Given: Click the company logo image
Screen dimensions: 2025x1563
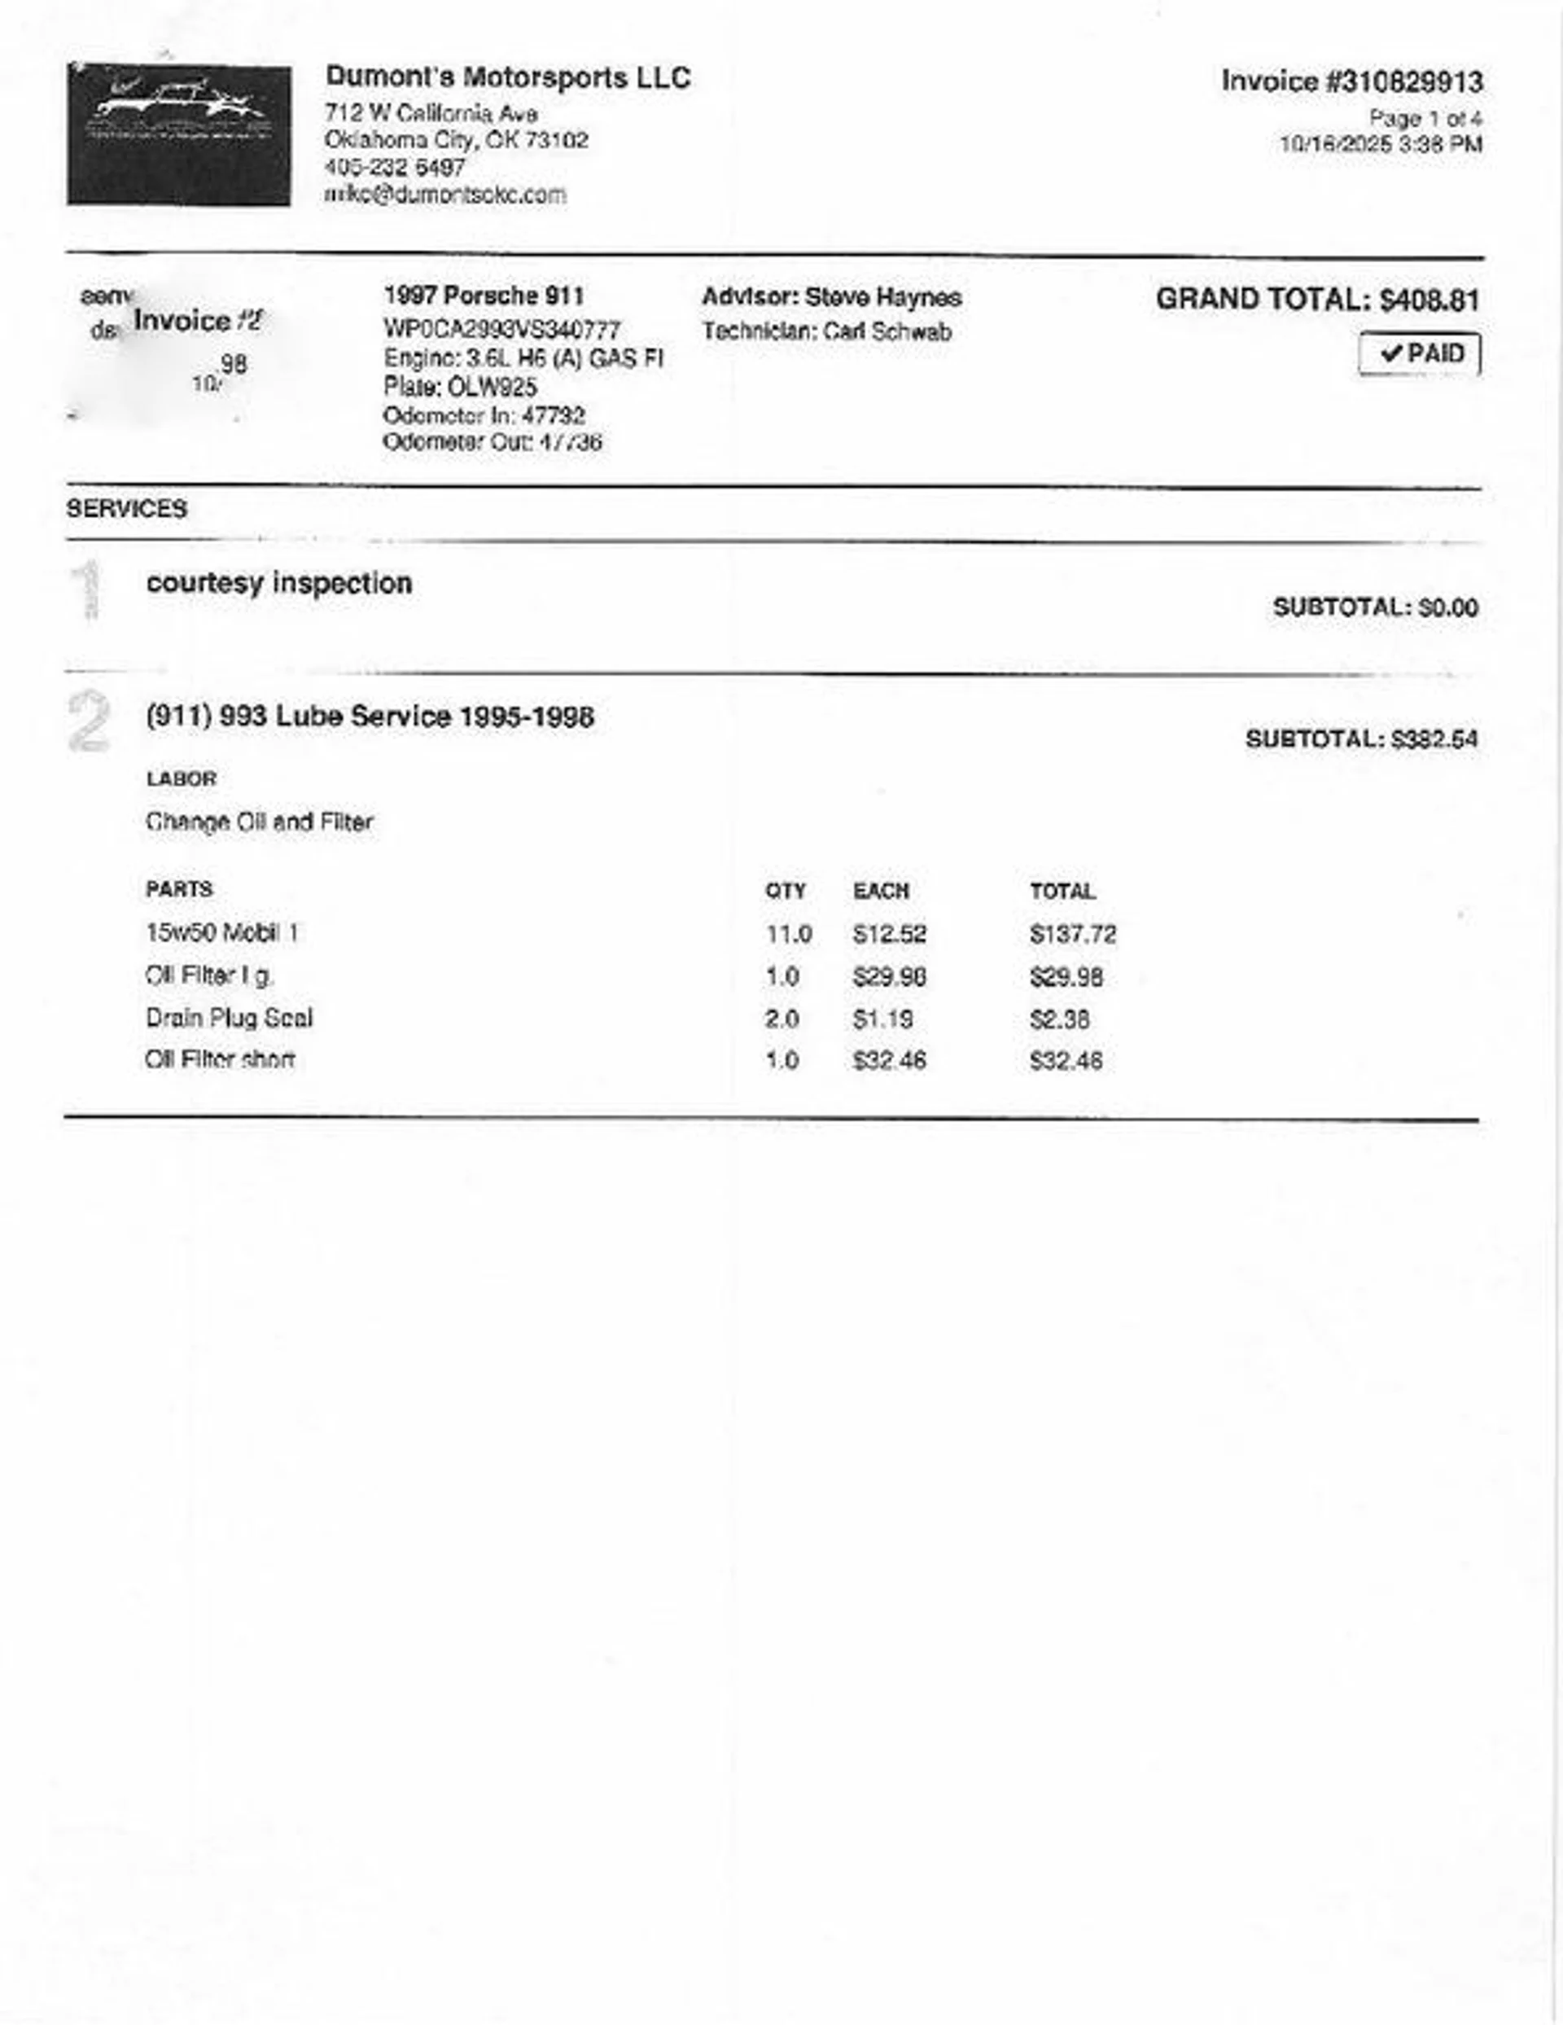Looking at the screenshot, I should [x=178, y=134].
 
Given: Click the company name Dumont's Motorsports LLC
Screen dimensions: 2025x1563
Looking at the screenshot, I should [x=508, y=78].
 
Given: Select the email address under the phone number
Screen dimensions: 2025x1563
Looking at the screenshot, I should [x=445, y=195].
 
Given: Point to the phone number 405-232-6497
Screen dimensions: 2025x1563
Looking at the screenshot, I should [x=395, y=168].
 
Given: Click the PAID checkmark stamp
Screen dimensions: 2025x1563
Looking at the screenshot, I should [x=1419, y=354].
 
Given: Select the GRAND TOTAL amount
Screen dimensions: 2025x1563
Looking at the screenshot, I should [x=1429, y=300].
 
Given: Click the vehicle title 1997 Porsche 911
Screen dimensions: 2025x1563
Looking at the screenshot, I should [x=484, y=296].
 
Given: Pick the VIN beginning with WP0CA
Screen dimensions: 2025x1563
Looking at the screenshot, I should [x=501, y=330].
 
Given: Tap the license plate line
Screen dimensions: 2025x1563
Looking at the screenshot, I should [x=461, y=387].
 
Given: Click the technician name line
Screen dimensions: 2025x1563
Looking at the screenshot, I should [x=827, y=332].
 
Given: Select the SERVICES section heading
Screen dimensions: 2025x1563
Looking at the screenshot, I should [x=127, y=508].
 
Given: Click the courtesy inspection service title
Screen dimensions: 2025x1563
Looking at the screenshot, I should [x=279, y=583].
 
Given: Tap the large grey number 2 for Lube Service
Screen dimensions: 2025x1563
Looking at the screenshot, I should [x=89, y=721].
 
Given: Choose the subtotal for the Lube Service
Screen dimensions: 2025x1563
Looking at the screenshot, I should [x=1361, y=740].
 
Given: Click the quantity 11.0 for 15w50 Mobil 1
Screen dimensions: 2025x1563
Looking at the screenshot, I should [x=789, y=935].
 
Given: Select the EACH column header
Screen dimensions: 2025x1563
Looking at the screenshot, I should [x=881, y=892].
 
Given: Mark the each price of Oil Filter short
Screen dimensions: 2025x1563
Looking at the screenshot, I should [x=889, y=1061].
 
